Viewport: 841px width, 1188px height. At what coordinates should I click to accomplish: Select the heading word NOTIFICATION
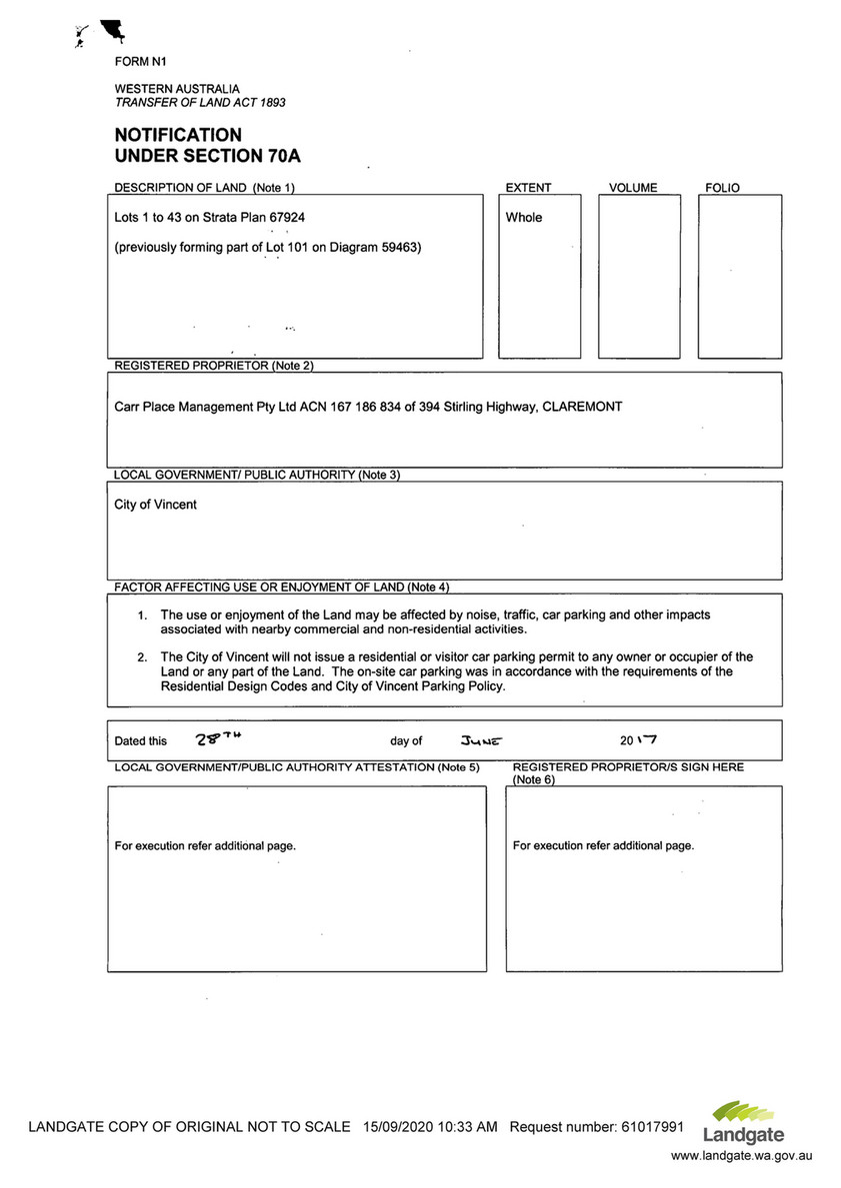(178, 135)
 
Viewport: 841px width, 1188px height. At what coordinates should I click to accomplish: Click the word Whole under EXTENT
(524, 217)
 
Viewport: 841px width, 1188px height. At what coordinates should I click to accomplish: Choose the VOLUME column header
(633, 188)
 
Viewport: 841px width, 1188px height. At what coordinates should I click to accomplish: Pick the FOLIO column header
(722, 188)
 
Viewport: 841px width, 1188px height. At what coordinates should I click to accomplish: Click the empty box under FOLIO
(739, 280)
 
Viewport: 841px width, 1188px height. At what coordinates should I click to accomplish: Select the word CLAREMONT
(582, 407)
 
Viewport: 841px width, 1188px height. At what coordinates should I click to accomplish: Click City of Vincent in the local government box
(155, 505)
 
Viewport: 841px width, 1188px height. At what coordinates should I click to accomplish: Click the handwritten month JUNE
(480, 740)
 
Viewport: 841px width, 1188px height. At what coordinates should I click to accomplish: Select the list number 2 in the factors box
(142, 657)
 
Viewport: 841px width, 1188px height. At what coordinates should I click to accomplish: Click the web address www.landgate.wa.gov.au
(741, 1155)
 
